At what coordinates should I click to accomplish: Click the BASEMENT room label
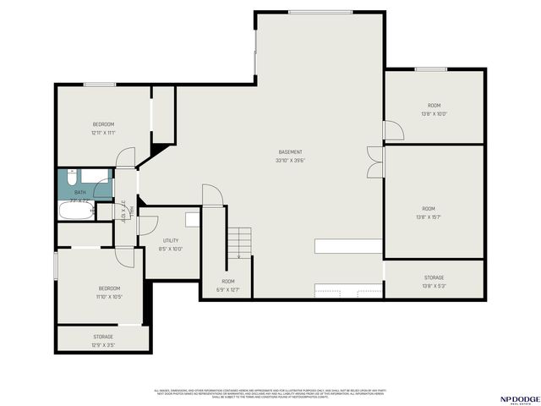click(x=291, y=152)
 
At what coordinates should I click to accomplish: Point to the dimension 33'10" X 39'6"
click(x=291, y=161)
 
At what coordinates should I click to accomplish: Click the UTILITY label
click(x=171, y=241)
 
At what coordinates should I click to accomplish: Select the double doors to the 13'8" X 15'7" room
click(x=374, y=161)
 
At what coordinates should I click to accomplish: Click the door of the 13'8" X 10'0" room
click(x=393, y=131)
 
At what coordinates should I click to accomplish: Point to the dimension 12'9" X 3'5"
click(x=103, y=345)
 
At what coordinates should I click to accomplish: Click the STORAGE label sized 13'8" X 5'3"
click(x=434, y=277)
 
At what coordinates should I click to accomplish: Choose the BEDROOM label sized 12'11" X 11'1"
click(x=103, y=124)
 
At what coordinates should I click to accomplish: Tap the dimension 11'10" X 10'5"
click(x=108, y=297)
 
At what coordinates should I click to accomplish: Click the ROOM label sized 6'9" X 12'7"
click(x=228, y=281)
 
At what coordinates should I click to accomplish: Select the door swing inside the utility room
click(x=146, y=226)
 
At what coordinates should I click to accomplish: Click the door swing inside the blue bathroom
click(x=102, y=189)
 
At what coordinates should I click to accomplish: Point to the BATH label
click(x=80, y=193)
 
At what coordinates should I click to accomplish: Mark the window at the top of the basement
click(x=320, y=12)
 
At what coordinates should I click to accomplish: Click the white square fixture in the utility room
click(x=193, y=219)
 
